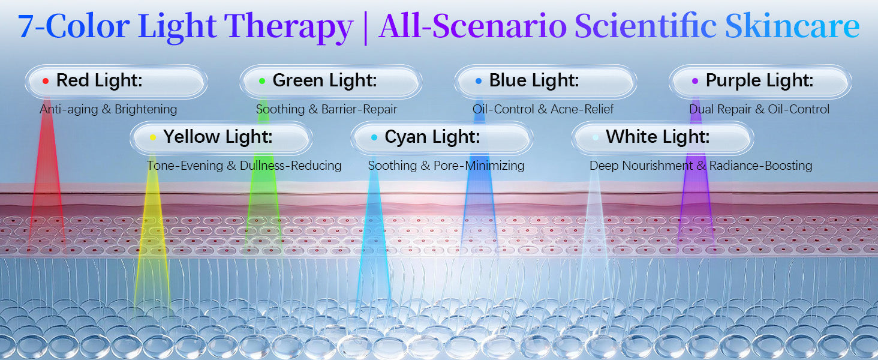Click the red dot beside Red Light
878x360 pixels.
click(x=46, y=81)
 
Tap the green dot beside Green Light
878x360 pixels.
click(x=262, y=81)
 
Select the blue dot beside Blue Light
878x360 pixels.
click(x=478, y=81)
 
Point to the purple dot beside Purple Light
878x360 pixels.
click(x=695, y=81)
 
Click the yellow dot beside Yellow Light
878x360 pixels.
click(x=153, y=137)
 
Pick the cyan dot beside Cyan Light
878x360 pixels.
click(x=374, y=137)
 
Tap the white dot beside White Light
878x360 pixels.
click(x=596, y=137)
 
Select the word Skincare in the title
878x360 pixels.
click(x=792, y=26)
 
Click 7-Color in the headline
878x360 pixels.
click(x=74, y=26)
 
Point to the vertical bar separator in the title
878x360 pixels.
click(x=366, y=28)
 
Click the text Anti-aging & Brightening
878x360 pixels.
click(x=108, y=109)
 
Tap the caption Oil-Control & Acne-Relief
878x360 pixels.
click(x=543, y=109)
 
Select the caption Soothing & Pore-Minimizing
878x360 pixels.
click(x=446, y=166)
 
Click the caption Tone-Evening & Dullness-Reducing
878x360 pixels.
click(x=244, y=166)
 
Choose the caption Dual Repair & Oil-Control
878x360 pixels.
click(x=759, y=109)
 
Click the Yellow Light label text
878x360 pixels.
click(x=218, y=137)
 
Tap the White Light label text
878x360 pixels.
click(x=658, y=137)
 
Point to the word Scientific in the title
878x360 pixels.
click(x=645, y=26)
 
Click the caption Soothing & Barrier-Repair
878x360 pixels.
click(x=326, y=109)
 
